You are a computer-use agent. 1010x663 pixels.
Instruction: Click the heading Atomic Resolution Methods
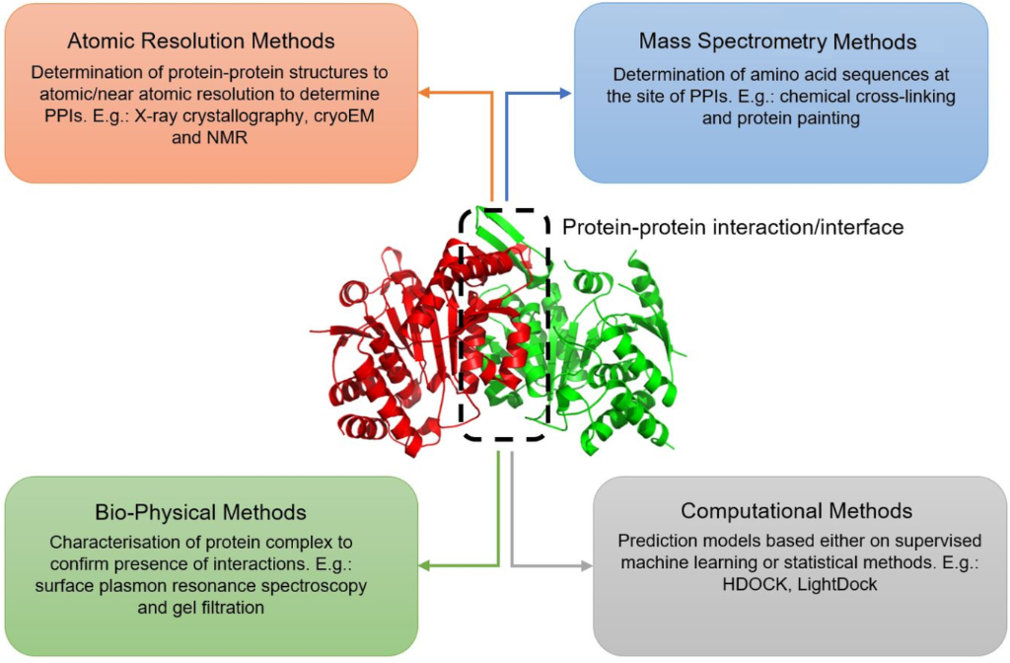click(x=200, y=40)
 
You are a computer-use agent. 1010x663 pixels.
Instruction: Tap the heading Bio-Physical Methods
click(x=200, y=513)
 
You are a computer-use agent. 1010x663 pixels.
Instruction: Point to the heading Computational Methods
click(x=796, y=511)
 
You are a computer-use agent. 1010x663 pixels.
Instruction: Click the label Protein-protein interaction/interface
click(x=732, y=227)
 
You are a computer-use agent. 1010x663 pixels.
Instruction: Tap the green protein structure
click(x=612, y=365)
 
